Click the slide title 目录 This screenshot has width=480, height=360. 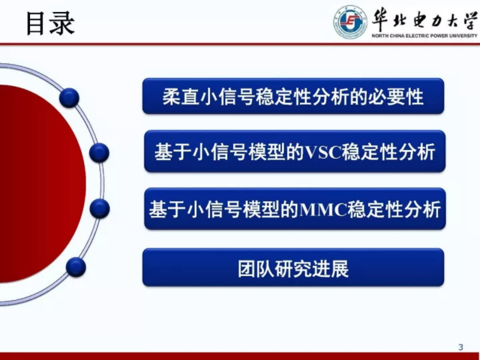click(x=50, y=24)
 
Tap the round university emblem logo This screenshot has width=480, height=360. click(x=350, y=22)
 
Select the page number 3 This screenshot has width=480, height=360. click(x=460, y=347)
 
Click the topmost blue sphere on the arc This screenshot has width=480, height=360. click(x=69, y=98)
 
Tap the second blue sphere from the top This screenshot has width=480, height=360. click(x=99, y=152)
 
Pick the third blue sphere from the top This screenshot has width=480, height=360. click(x=100, y=208)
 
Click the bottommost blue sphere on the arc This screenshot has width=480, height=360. click(x=76, y=267)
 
